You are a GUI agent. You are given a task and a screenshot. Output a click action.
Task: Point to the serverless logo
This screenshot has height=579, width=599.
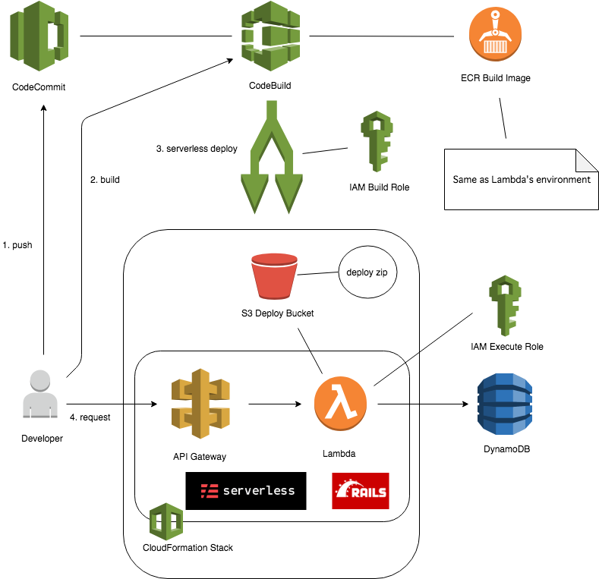click(246, 491)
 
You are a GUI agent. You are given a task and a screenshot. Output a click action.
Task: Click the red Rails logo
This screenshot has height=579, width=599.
click(360, 491)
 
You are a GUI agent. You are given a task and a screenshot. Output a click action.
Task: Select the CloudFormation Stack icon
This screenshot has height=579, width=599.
click(166, 521)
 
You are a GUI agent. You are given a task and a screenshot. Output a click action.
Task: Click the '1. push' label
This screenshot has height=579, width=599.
click(17, 246)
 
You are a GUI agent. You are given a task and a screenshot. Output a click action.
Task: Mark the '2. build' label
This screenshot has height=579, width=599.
click(105, 180)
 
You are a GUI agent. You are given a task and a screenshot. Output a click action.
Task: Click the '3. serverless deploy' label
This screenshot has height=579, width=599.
click(196, 149)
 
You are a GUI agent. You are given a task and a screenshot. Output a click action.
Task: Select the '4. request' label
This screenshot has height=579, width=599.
click(90, 417)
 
